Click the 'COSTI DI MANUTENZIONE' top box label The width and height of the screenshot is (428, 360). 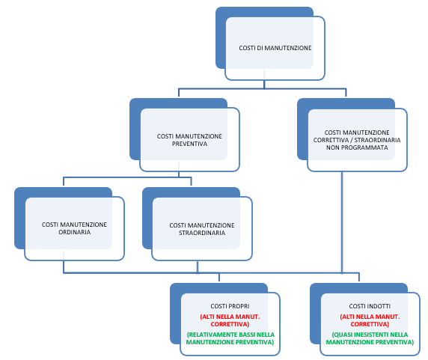[275, 48]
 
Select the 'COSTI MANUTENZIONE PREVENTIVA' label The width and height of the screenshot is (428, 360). [189, 140]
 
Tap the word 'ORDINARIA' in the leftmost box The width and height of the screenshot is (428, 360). [75, 232]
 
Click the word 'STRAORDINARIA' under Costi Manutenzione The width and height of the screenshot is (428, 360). [202, 233]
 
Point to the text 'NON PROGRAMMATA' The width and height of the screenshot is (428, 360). [357, 147]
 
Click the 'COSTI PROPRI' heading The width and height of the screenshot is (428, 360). [230, 306]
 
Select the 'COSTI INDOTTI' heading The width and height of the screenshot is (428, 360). [370, 306]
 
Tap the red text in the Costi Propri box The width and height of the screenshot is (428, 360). [230, 320]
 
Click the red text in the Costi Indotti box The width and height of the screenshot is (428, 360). [370, 320]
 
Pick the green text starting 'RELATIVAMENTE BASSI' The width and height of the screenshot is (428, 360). [230, 338]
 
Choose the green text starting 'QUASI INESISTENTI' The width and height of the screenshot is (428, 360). [370, 338]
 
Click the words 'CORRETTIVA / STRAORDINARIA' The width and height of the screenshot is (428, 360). [357, 140]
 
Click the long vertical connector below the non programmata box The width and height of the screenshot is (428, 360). [342, 222]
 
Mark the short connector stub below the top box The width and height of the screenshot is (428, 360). [264, 85]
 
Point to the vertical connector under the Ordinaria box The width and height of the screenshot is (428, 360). [64, 266]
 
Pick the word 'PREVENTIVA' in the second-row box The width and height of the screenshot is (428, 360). [189, 144]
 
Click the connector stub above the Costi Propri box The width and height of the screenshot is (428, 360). [219, 277]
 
